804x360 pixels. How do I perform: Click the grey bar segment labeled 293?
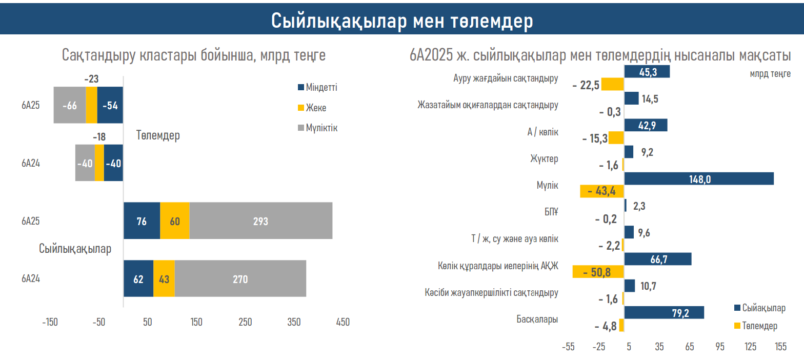point(260,221)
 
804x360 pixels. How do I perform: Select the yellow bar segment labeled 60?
point(175,221)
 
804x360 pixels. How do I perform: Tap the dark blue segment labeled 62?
point(138,279)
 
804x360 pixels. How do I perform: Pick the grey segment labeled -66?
point(70,106)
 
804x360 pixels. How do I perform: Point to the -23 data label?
point(91,79)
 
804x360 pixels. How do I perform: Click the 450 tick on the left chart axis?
point(343,322)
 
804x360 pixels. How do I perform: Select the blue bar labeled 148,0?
point(699,178)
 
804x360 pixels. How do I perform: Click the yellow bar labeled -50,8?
point(598,272)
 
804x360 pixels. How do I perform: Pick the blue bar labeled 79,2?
point(664,312)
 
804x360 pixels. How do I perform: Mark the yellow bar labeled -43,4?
point(601,191)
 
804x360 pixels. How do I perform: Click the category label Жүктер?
point(544,158)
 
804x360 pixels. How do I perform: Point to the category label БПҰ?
point(550,212)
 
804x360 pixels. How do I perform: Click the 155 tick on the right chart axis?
point(780,347)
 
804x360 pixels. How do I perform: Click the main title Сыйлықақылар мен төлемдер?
point(402,21)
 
